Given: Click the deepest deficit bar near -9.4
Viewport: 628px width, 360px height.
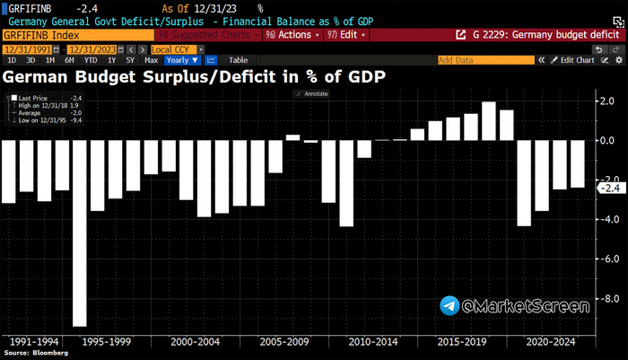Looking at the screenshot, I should (79, 233).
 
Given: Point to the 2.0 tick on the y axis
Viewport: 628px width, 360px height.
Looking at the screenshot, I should (609, 101).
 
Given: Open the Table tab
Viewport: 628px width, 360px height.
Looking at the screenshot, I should (239, 60).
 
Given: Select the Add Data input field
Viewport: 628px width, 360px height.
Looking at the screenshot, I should (485, 60).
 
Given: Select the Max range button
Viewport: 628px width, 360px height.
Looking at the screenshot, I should (151, 60).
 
